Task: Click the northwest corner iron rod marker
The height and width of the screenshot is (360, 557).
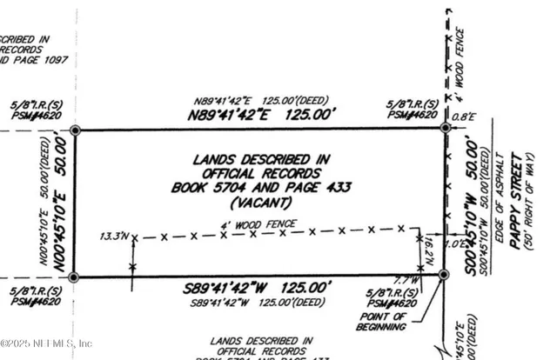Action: [76, 130]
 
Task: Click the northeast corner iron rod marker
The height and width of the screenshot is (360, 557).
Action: [445, 128]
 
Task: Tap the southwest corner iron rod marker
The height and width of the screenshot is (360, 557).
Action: [74, 277]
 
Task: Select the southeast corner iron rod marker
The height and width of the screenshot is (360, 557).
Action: [443, 274]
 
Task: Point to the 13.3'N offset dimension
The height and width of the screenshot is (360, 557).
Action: [113, 236]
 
